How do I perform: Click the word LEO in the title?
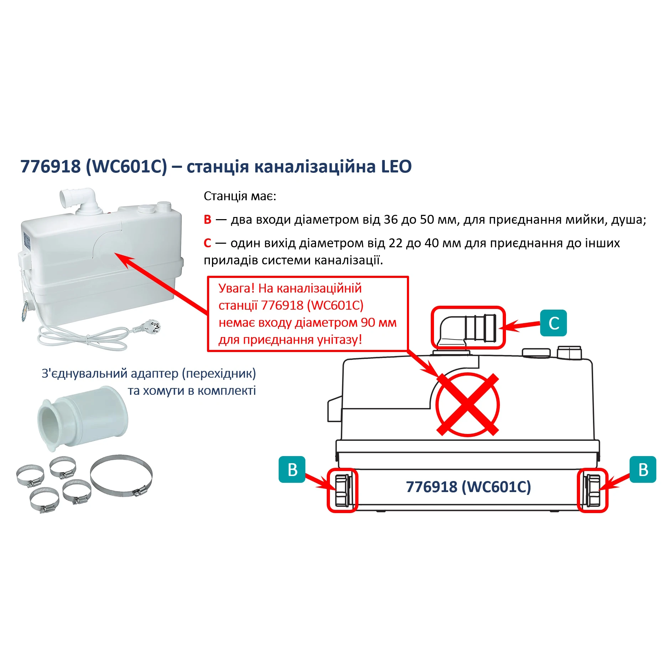396,166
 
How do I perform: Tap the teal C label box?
553,323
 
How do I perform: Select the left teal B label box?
292,469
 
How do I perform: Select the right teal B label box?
643,469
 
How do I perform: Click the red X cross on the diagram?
467,404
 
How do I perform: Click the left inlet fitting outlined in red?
342,491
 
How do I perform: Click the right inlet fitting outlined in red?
593,491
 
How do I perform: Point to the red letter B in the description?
207,219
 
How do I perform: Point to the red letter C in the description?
207,243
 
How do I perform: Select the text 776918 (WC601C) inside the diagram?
468,487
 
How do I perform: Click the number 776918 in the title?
51,166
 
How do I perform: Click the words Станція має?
240,196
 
